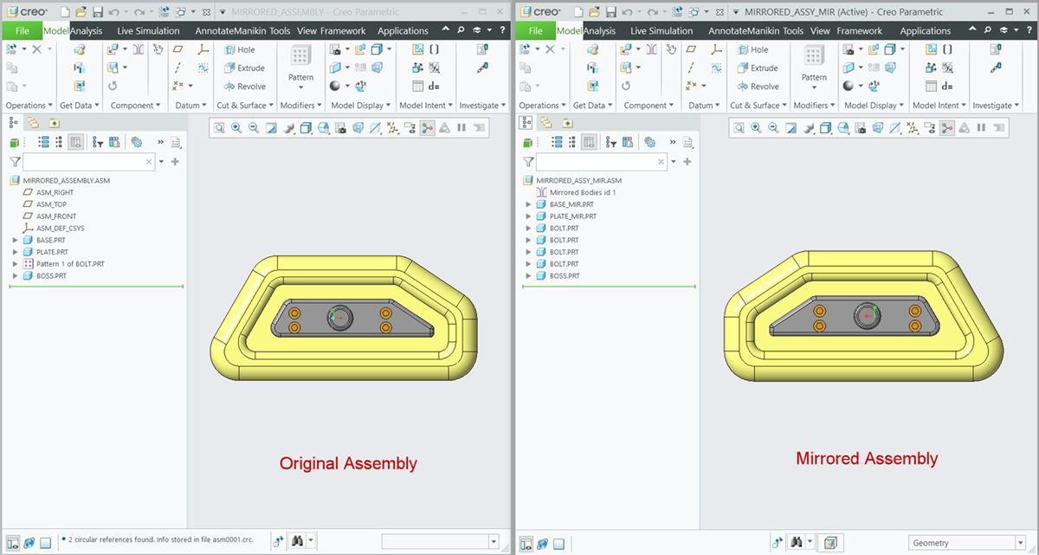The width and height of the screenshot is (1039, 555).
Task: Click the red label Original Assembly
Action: (x=348, y=463)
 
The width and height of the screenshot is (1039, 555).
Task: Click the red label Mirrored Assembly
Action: (x=867, y=459)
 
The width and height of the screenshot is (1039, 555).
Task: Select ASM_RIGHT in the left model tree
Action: (x=55, y=192)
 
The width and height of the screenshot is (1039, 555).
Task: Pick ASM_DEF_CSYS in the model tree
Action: (x=60, y=228)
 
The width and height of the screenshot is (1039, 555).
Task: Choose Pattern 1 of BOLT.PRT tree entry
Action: (x=70, y=263)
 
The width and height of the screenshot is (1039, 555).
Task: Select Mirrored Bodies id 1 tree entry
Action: (x=583, y=192)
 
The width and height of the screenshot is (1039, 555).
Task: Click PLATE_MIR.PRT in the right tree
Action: (x=572, y=216)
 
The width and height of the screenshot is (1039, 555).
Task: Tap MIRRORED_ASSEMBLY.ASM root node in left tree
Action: (x=66, y=180)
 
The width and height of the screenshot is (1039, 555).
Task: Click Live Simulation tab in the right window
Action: (x=661, y=30)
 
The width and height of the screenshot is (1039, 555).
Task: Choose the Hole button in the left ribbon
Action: (x=246, y=49)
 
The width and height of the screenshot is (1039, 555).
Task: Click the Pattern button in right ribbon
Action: (x=814, y=77)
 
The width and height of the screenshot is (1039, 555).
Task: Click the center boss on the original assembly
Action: (x=339, y=318)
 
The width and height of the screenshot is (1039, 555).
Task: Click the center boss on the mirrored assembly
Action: (x=868, y=316)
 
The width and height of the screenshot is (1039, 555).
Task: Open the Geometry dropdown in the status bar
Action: (x=964, y=543)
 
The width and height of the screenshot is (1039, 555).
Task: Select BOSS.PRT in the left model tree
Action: (x=52, y=275)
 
